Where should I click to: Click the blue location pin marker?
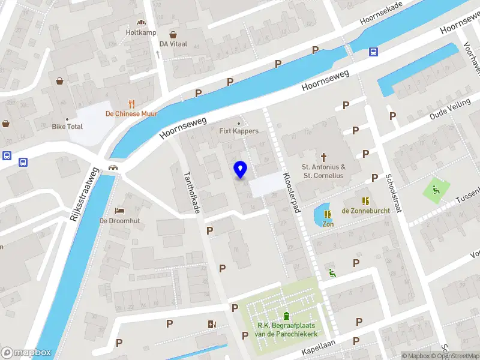pos(240,169)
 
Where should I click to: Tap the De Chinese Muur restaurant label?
pos(131,114)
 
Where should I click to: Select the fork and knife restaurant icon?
pos(131,103)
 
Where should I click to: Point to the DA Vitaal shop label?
pos(173,44)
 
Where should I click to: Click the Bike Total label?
pos(67,127)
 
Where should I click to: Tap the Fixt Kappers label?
pos(239,131)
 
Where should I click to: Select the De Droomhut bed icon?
pos(119,211)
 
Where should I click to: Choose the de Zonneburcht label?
pos(365,211)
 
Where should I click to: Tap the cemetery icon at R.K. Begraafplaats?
pos(287,316)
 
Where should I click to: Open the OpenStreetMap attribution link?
pos(455,356)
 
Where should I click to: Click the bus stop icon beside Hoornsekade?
pos(373,52)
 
